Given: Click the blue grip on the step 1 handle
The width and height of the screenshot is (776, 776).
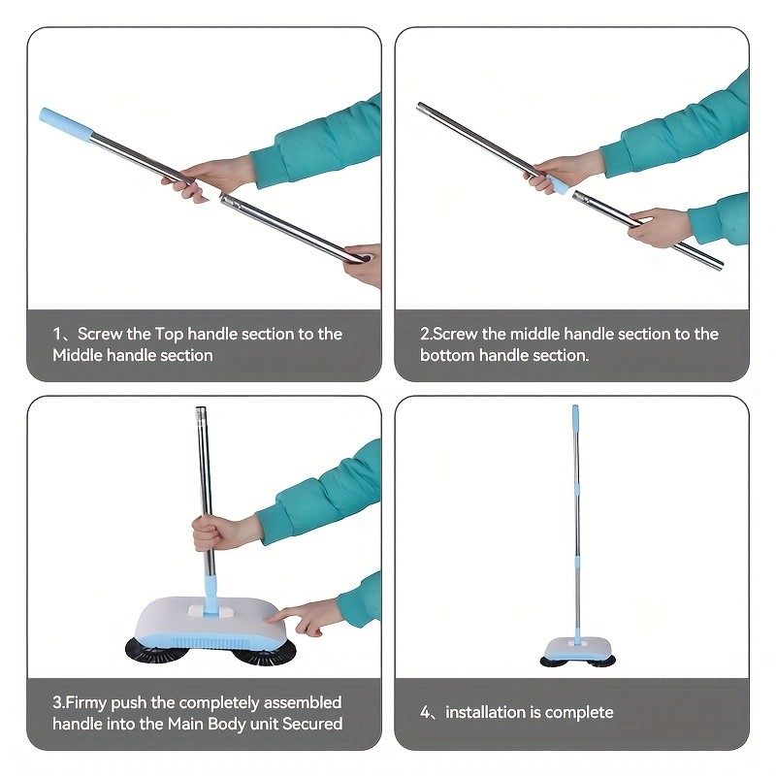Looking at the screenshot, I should coord(65,127).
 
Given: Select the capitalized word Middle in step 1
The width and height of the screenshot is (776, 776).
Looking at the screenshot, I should coord(79,355).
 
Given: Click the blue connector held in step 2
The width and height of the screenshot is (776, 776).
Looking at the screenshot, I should coord(559,184).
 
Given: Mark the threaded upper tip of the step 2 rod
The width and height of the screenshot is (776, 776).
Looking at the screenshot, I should coord(423,108).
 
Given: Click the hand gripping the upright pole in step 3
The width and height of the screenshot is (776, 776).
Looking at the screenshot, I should coord(215,533).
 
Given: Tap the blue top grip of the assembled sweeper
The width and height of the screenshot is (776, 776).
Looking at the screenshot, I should coord(574,419).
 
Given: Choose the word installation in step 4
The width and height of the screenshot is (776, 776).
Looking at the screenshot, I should coord(484,712).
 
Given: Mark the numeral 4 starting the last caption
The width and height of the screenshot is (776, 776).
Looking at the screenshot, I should coord(425,712).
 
